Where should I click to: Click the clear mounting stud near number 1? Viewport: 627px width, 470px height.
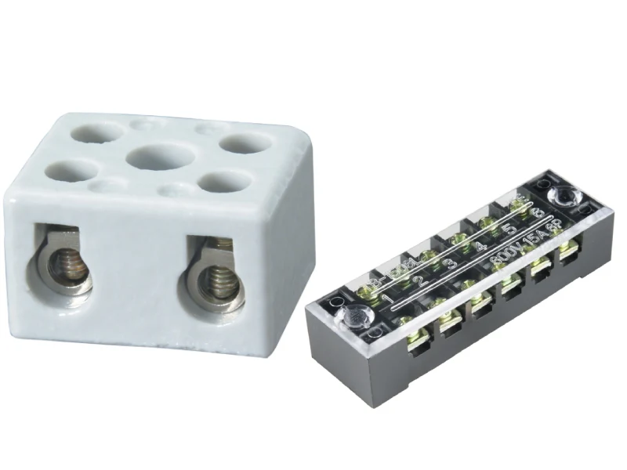(350, 316)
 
